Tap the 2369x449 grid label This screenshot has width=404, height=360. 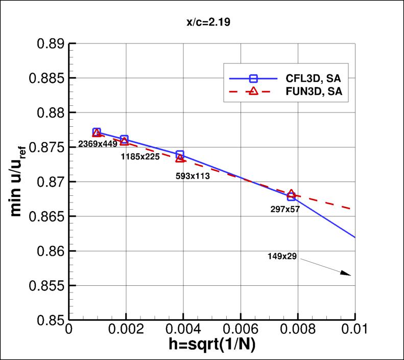point(98,145)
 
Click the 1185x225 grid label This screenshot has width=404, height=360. point(140,157)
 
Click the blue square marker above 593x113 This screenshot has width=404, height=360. point(180,154)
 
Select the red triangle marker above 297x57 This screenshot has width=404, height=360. point(291,194)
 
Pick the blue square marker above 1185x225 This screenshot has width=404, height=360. point(124,140)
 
